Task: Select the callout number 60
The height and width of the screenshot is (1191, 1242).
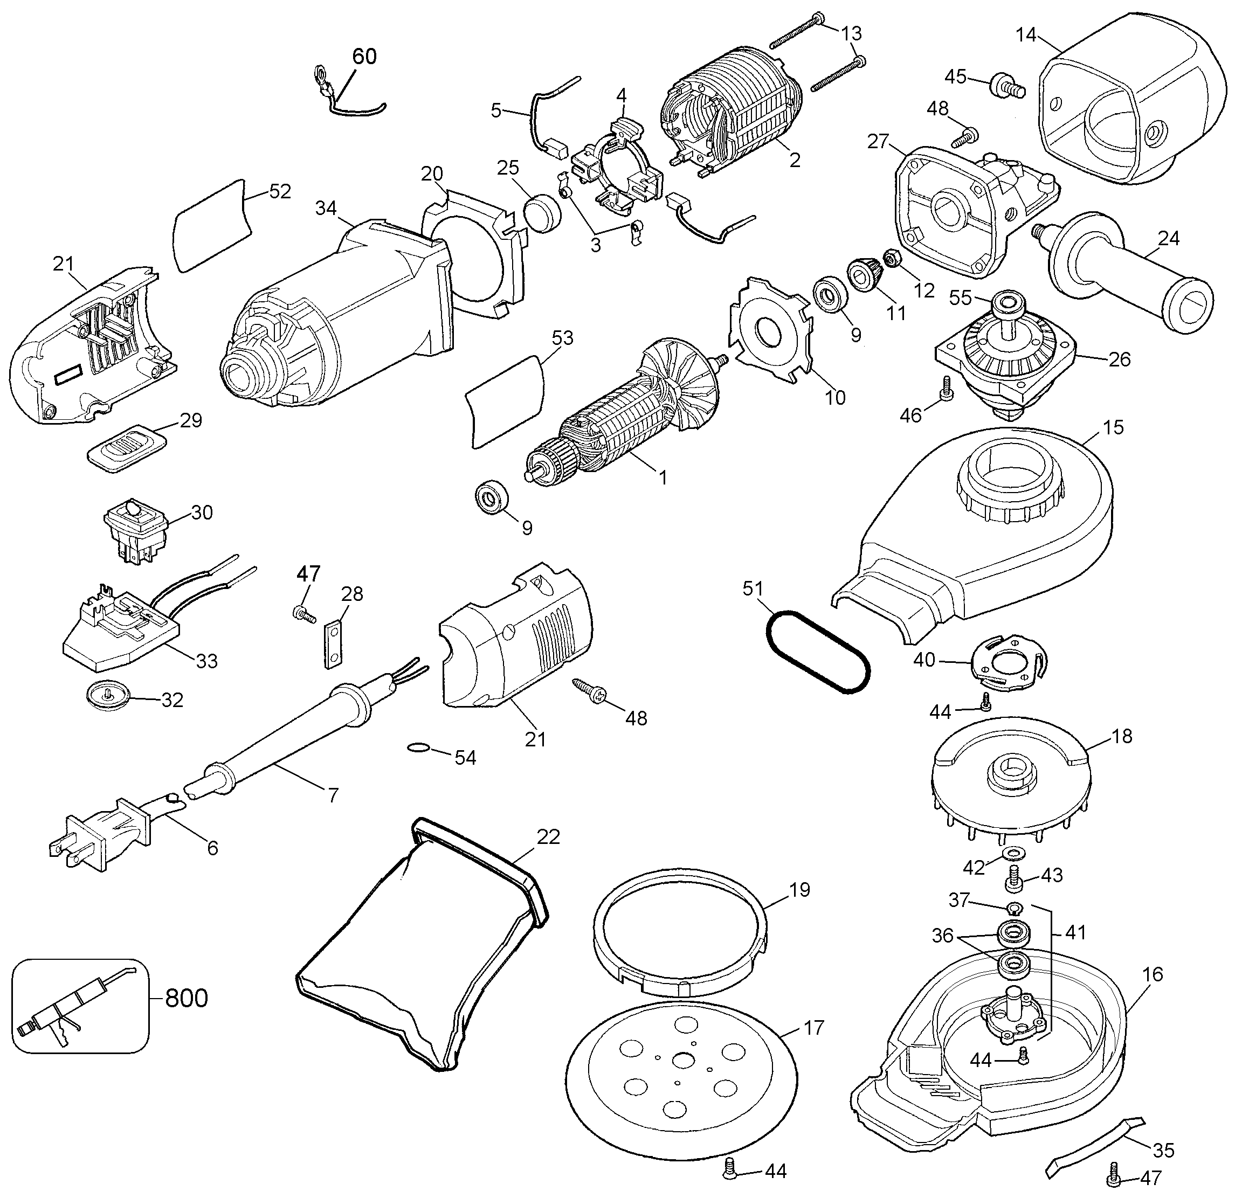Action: (364, 57)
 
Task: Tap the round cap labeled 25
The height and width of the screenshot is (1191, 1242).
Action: (543, 212)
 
